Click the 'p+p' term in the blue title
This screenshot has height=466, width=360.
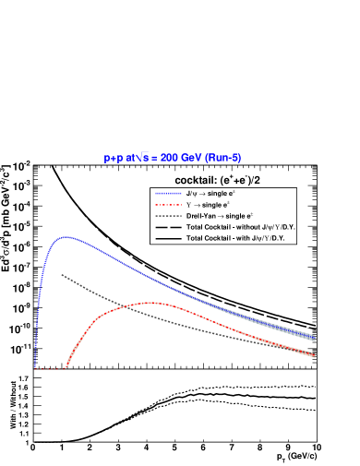[x=114, y=158]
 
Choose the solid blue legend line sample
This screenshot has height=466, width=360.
[x=168, y=194]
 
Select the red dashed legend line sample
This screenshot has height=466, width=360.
[x=168, y=205]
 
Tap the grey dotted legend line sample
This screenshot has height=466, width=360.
[x=168, y=216]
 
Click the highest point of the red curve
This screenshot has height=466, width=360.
[x=150, y=303]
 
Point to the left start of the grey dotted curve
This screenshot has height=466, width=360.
[x=62, y=274]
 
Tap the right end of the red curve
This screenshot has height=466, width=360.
[x=315, y=354]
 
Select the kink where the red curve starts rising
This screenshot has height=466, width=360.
[x=67, y=367]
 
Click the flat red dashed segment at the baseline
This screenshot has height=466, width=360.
[x=51, y=369]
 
